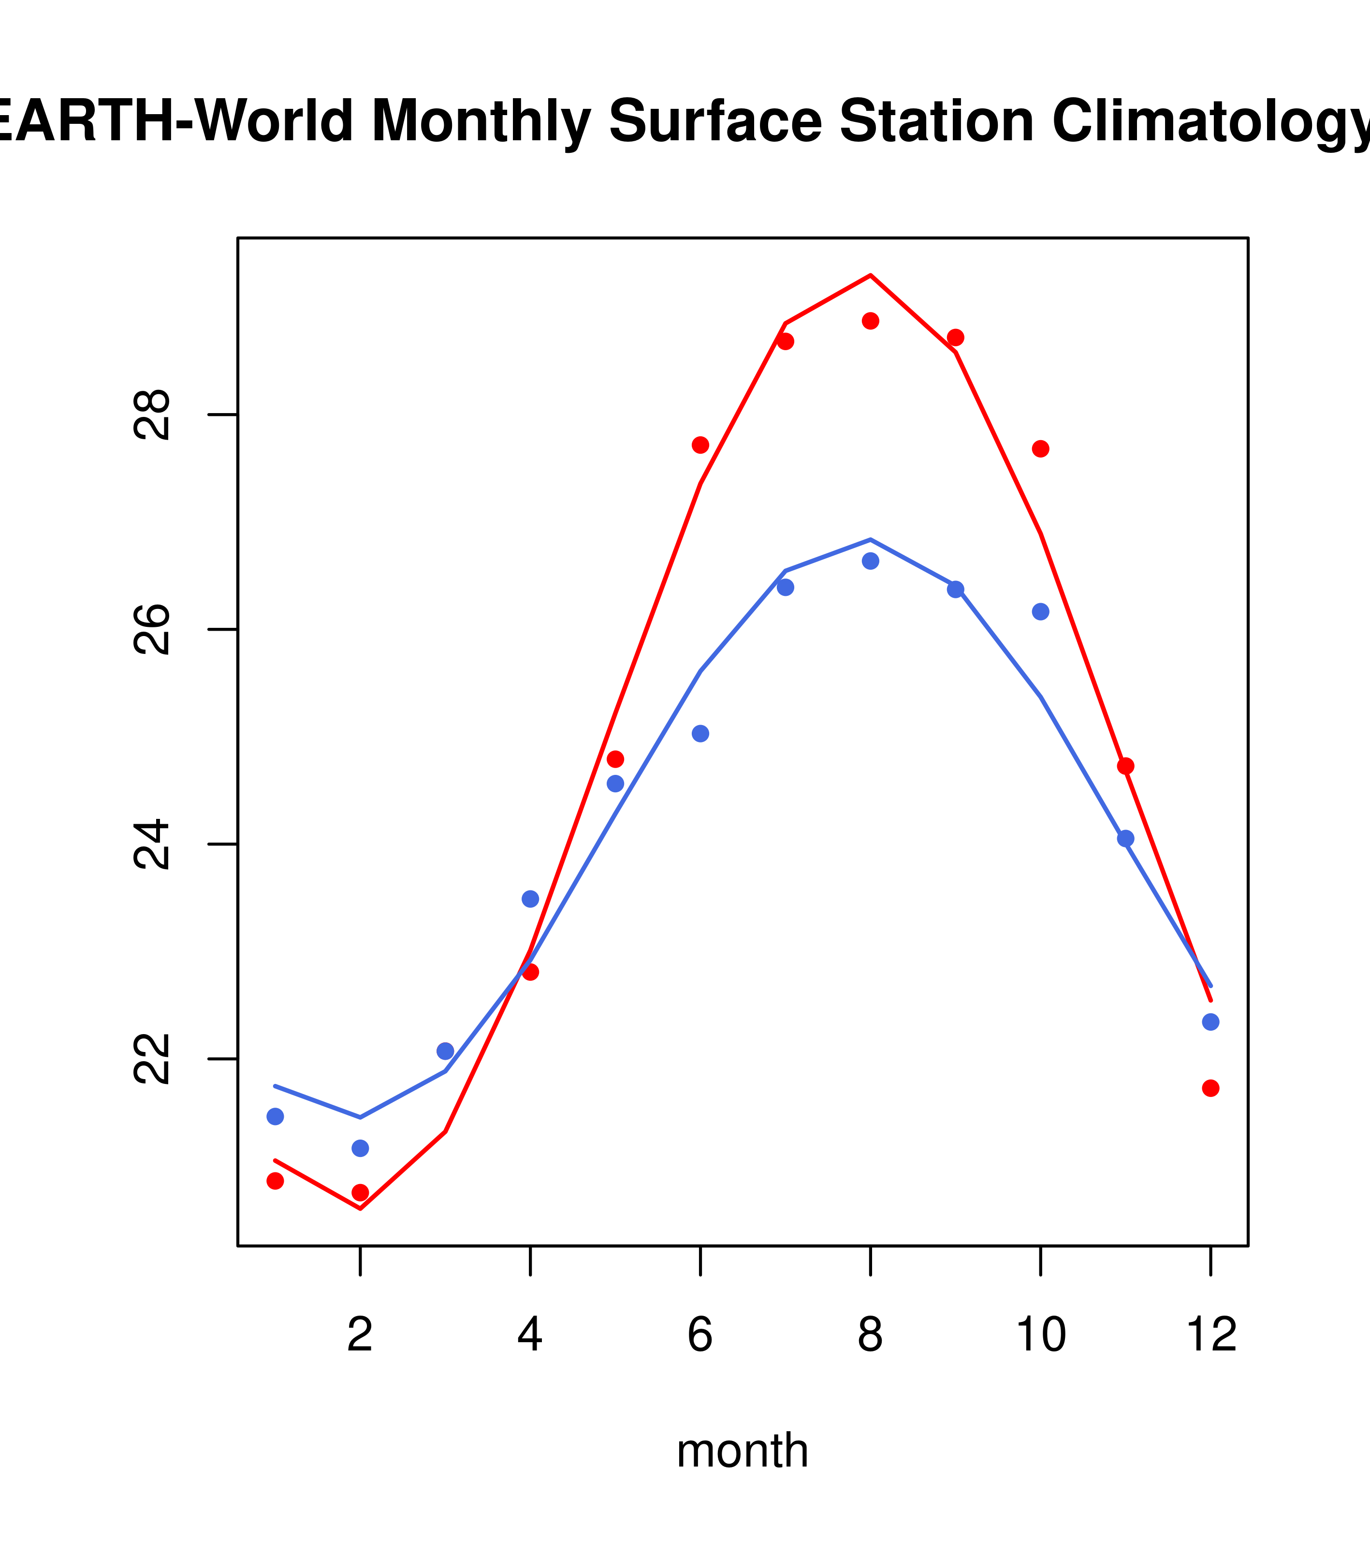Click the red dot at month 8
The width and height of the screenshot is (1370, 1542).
coord(870,321)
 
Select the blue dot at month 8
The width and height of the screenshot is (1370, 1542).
coord(870,561)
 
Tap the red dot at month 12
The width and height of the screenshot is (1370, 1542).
coord(1210,1088)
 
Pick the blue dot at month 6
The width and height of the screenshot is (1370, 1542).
coord(700,733)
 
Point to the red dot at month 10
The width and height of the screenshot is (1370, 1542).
coord(1040,449)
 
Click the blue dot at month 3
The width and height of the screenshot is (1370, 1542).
coord(446,1051)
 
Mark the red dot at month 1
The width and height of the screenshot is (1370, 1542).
coord(275,1181)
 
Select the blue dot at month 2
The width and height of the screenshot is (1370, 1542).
coord(361,1148)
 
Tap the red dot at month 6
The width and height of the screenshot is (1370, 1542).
coord(700,445)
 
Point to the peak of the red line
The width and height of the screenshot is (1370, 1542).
coord(870,275)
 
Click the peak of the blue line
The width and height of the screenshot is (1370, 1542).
coord(870,539)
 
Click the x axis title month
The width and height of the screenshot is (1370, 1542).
coord(742,1451)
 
